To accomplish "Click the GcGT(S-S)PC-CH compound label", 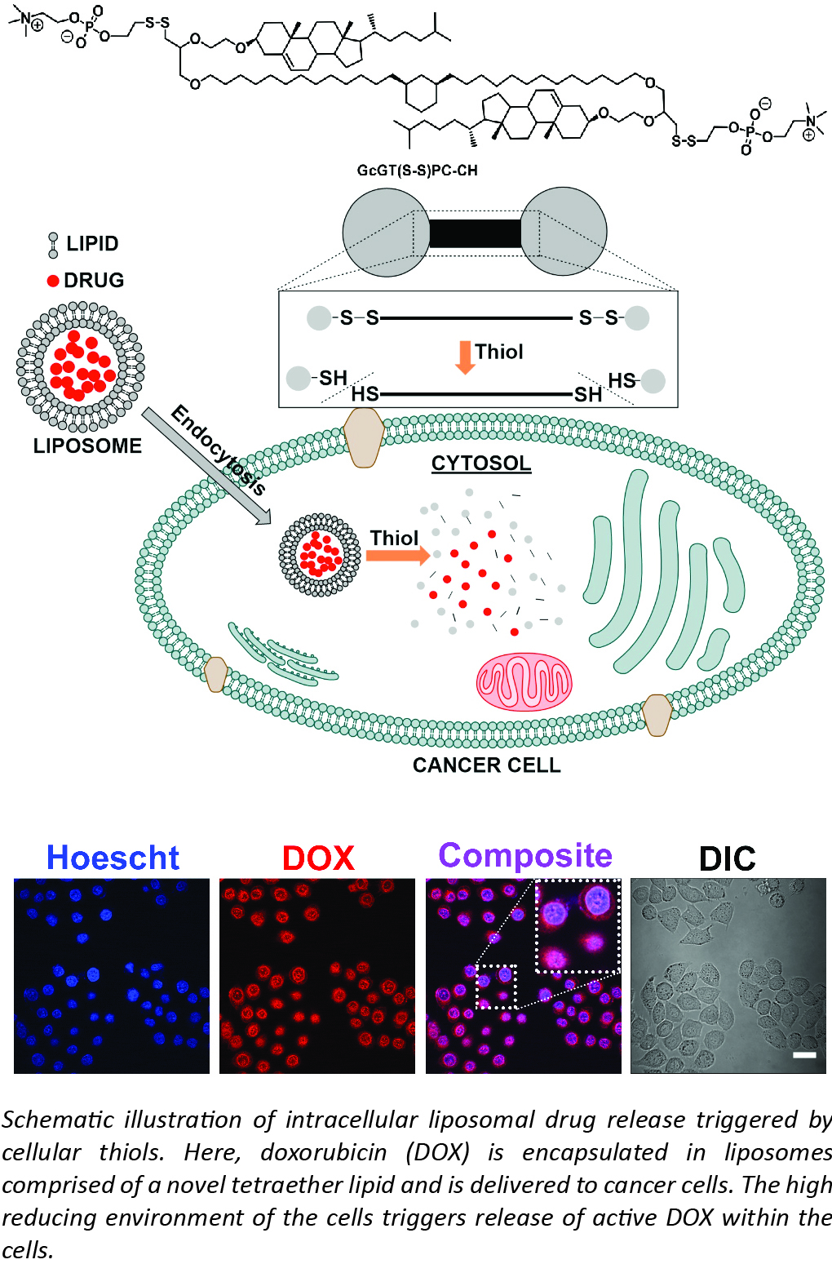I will (x=417, y=171).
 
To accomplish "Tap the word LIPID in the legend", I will (x=92, y=244).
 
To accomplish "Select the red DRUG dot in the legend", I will (x=53, y=281).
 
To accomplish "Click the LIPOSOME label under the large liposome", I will (x=87, y=446).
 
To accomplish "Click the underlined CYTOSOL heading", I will (x=480, y=463).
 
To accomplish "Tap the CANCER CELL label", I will (x=486, y=765).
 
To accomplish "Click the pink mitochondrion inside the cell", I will (x=524, y=681).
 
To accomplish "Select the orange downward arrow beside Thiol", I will (x=465, y=357).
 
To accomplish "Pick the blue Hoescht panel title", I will (x=113, y=858).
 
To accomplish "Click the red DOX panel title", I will (x=318, y=858).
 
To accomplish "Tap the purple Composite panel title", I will (x=525, y=856).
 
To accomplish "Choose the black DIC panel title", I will (x=727, y=858).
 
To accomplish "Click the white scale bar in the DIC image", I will (x=804, y=1055).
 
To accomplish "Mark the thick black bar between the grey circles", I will (x=475, y=233).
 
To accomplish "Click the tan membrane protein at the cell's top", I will (x=364, y=437).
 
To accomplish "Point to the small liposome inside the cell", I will (x=320, y=555).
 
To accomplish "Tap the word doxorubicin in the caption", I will (x=324, y=1152).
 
